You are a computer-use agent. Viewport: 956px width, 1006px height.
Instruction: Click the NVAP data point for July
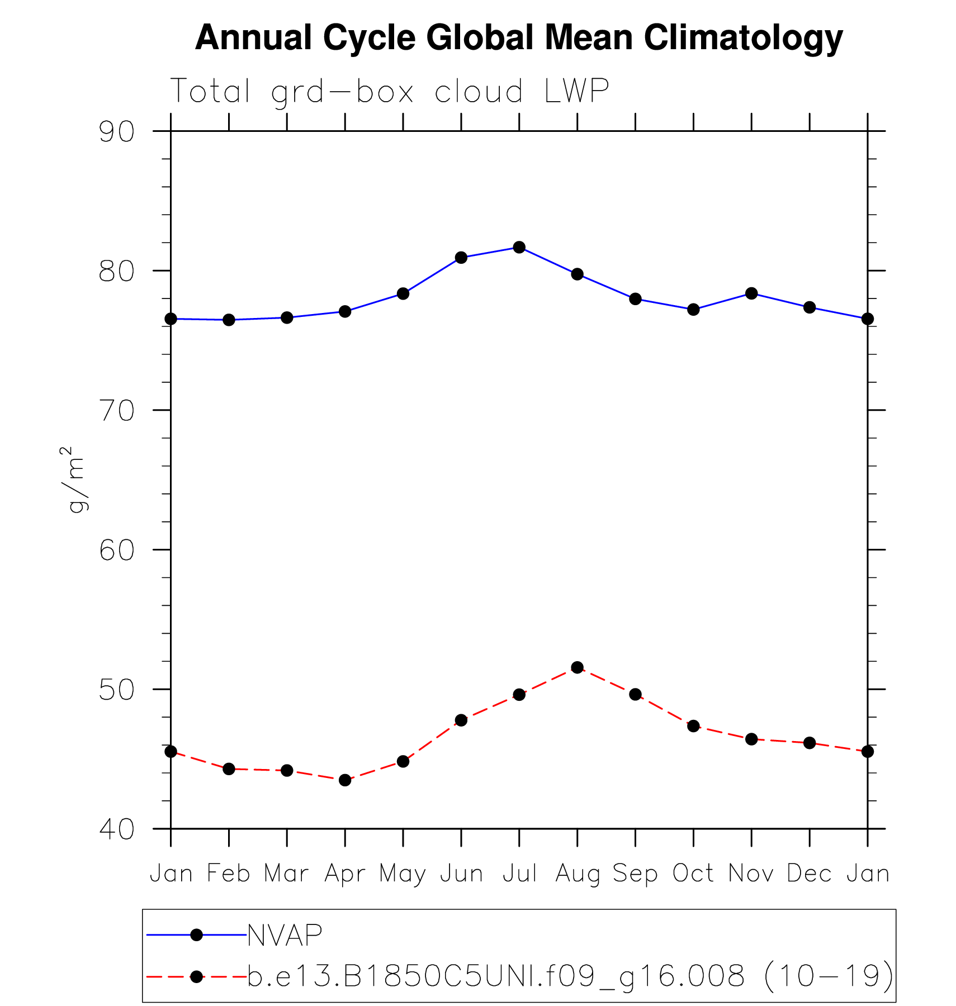pyautogui.click(x=519, y=247)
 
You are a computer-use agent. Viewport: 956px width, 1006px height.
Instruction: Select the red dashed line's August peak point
pyautogui.click(x=577, y=667)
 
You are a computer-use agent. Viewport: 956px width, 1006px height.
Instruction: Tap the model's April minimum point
pyautogui.click(x=345, y=780)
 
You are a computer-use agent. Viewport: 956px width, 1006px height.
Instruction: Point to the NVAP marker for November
pyautogui.click(x=751, y=293)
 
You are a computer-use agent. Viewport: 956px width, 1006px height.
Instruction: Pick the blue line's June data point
pyautogui.click(x=461, y=258)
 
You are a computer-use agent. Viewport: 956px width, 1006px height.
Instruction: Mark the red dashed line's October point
pyautogui.click(x=693, y=726)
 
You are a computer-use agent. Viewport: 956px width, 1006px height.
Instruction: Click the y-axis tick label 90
pyautogui.click(x=117, y=132)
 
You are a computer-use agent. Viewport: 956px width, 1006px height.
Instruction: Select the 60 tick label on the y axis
pyautogui.click(x=117, y=551)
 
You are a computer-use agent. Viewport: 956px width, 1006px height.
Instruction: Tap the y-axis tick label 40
pyautogui.click(x=117, y=829)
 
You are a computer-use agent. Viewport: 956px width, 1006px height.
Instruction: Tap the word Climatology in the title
pyautogui.click(x=743, y=38)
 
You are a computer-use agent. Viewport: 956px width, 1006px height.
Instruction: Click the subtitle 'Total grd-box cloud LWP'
pyautogui.click(x=389, y=91)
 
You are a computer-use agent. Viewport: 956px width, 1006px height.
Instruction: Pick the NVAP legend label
pyautogui.click(x=285, y=935)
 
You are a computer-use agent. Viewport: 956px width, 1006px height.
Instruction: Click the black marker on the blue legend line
pyautogui.click(x=196, y=935)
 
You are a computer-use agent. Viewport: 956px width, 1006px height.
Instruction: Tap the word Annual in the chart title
pyautogui.click(x=253, y=38)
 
